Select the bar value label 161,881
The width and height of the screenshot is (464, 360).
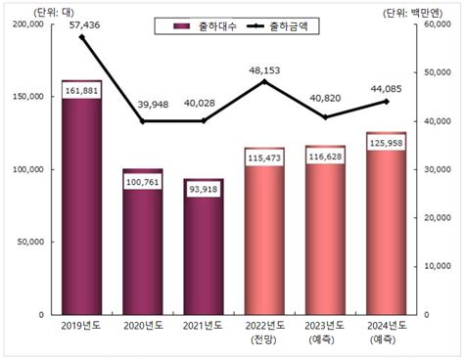pyautogui.click(x=81, y=91)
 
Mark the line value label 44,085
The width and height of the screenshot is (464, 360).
pyautogui.click(x=386, y=90)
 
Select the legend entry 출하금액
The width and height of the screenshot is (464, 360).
pyautogui.click(x=284, y=25)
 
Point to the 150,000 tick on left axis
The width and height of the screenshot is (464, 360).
pyautogui.click(x=26, y=97)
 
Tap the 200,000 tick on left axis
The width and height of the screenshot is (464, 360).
pyautogui.click(x=26, y=24)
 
